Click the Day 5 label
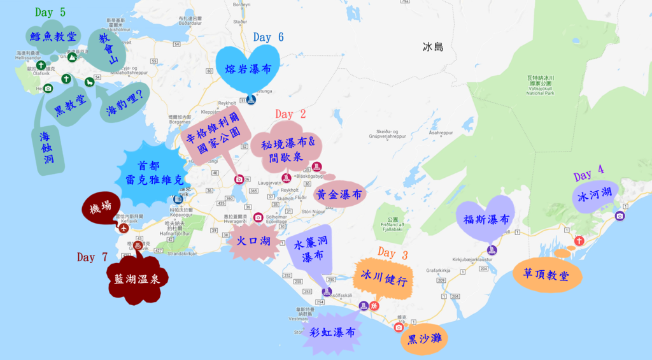[50, 12]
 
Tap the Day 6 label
[268, 37]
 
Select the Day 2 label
[290, 114]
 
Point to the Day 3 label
[393, 252]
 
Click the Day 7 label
[92, 257]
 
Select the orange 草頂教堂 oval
[546, 275]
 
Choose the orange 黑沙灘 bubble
[425, 338]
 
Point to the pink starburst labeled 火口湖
[253, 241]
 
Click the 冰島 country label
[433, 47]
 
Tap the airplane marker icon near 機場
[123, 227]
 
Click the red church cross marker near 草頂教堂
[579, 241]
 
